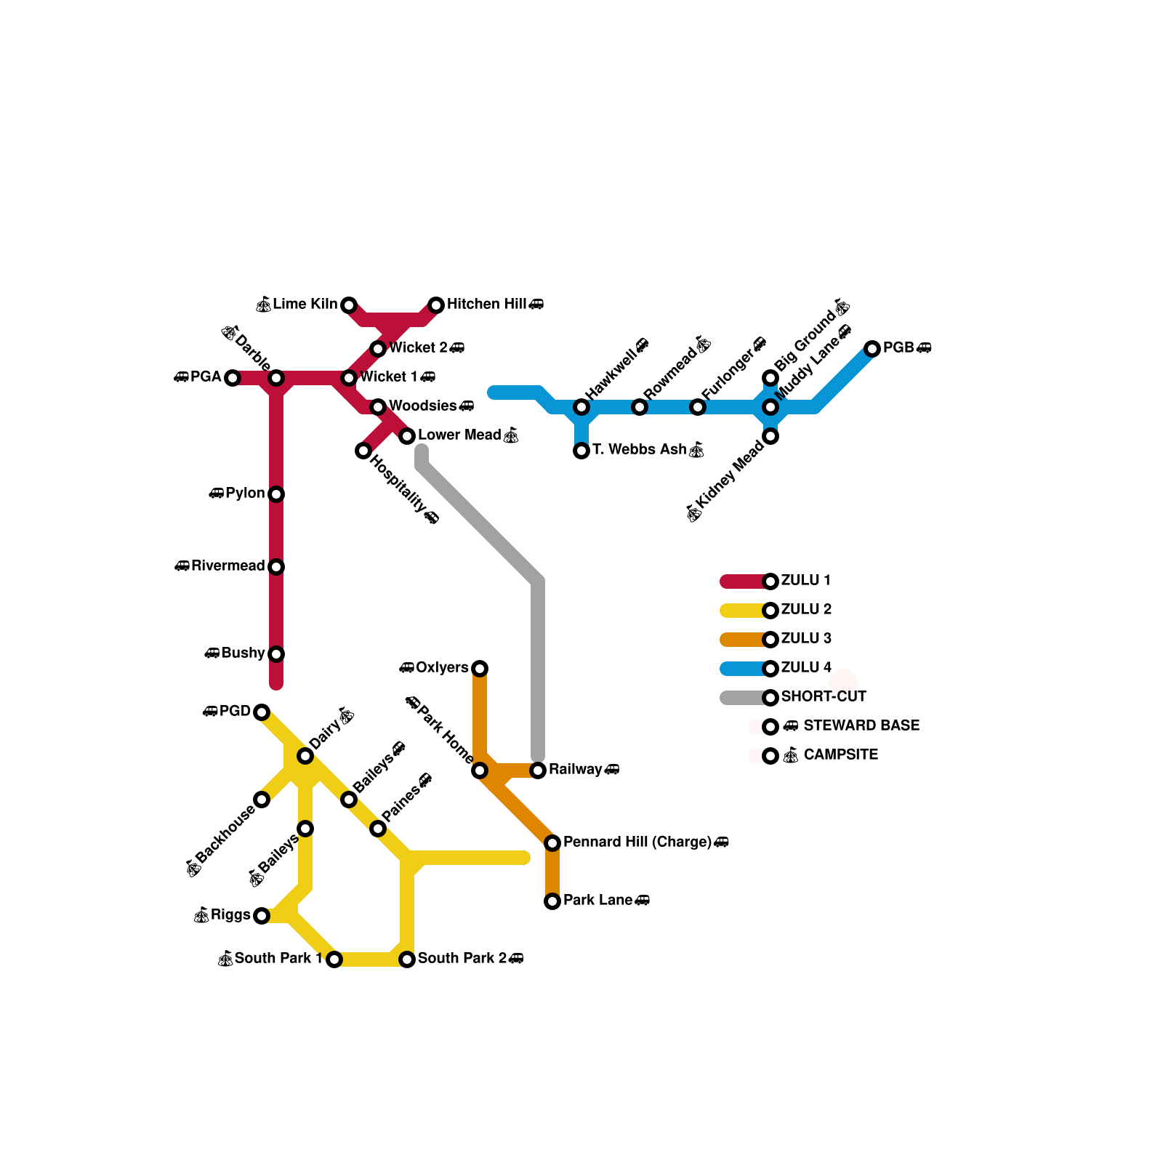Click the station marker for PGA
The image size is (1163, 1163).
click(x=233, y=378)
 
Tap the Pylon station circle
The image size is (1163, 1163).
click(x=276, y=494)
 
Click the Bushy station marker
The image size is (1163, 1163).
click(x=276, y=654)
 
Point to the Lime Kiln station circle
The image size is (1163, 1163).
click(x=349, y=305)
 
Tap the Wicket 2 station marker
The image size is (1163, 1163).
click(x=378, y=349)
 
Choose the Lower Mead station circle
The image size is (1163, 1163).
click(x=407, y=436)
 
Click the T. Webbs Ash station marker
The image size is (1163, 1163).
click(x=581, y=451)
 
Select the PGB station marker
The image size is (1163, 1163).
click(x=872, y=349)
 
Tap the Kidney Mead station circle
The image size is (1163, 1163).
click(x=770, y=436)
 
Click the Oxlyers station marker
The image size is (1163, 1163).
click(x=480, y=669)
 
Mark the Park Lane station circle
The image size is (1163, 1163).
click(x=552, y=901)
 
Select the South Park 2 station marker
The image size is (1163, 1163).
click(x=407, y=959)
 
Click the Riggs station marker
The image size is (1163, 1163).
click(x=262, y=916)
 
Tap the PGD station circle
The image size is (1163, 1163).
click(x=262, y=712)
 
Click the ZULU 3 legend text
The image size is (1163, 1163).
click(x=806, y=639)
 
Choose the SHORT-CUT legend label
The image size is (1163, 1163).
click(x=824, y=697)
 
